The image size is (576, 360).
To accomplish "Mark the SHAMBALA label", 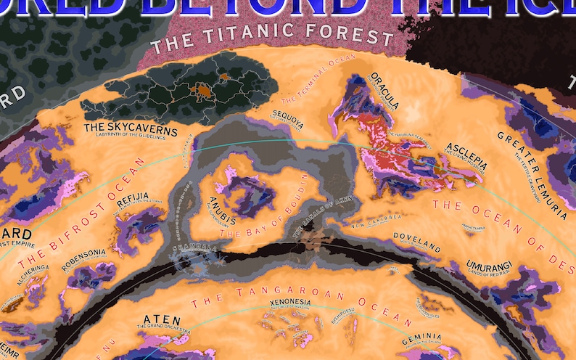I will tap(194, 248).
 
